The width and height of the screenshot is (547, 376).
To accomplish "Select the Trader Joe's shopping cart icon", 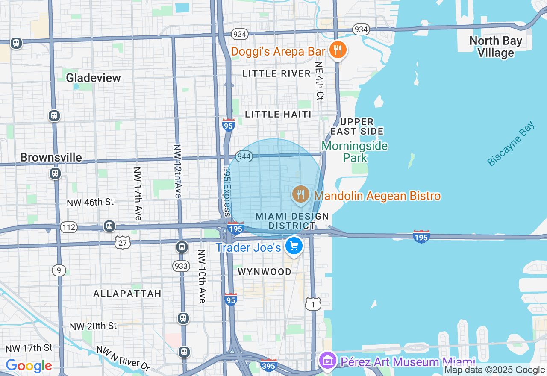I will click(x=294, y=246).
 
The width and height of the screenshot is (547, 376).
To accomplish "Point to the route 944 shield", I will click(x=244, y=156).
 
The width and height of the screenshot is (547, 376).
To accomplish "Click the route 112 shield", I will click(x=68, y=227).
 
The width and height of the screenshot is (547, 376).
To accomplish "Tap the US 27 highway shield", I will click(x=122, y=243).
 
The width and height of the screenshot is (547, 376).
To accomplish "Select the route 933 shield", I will click(x=181, y=266).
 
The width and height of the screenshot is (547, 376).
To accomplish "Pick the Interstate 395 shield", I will click(x=269, y=365).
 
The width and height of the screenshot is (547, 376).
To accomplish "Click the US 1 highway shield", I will click(x=313, y=304).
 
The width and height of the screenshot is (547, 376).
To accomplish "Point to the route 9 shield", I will click(x=59, y=270).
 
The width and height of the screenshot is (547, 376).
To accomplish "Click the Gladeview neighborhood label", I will click(x=93, y=77).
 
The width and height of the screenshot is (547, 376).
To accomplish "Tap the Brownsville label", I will click(x=51, y=157).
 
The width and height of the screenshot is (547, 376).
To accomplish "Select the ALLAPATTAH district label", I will click(x=127, y=294).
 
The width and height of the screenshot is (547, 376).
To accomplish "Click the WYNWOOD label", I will click(x=265, y=272).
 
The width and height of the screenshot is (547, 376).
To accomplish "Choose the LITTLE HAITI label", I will click(x=278, y=114).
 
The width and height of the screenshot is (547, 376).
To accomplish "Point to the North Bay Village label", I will click(x=496, y=47).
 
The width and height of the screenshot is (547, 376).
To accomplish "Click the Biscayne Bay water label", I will click(x=511, y=144).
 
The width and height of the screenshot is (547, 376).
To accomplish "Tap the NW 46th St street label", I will click(x=90, y=202).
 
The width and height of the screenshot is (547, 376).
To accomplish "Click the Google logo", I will click(x=29, y=366).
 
